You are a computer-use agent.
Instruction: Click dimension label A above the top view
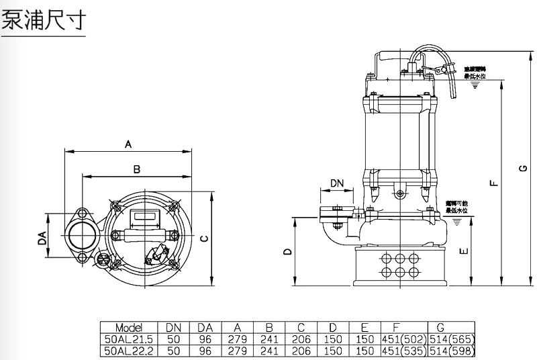pos(128,143)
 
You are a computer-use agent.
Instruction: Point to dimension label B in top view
pos(136,169)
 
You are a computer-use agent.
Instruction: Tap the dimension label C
pos(205,238)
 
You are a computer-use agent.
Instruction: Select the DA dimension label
pos(42,238)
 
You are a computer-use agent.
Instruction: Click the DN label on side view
pos(338,183)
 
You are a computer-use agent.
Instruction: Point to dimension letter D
pos(287,252)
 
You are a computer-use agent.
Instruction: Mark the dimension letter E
pos(463,252)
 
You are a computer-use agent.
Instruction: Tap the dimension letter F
pos(493,182)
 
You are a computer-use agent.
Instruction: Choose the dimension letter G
pos(522,169)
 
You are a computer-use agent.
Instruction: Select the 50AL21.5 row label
pos(128,339)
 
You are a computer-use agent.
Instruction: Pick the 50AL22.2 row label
pos(128,349)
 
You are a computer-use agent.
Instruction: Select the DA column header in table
pos(205,327)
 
